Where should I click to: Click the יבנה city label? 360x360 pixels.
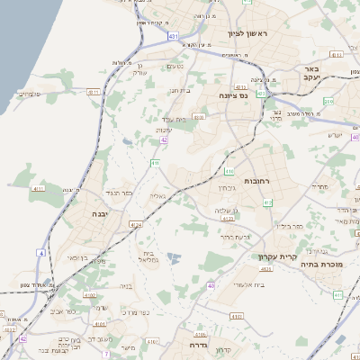tap(99, 213)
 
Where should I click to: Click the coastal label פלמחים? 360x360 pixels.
tap(29, 93)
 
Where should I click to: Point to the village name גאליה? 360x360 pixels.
tap(157, 195)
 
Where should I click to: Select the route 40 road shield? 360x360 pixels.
tap(210, 285)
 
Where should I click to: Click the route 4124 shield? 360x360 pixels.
tap(136, 224)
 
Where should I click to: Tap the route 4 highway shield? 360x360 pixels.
tap(40, 253)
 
